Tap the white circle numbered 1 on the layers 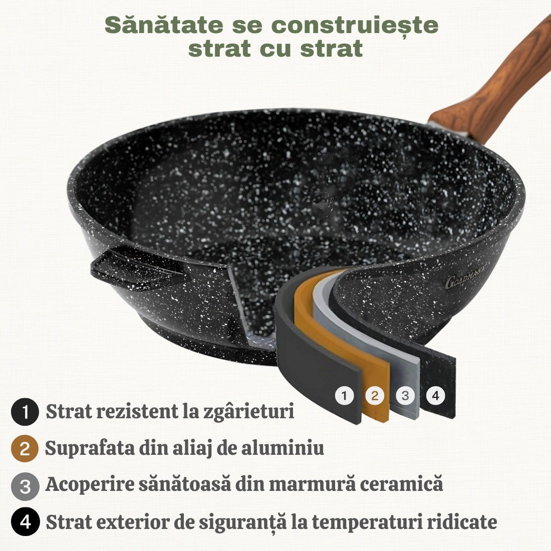[344, 396]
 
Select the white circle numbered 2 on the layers [374, 396]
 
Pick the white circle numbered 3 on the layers [405, 396]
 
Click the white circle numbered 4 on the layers [435, 396]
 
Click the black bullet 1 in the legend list [25, 412]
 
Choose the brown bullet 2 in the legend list [25, 449]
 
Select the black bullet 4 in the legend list [25, 522]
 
